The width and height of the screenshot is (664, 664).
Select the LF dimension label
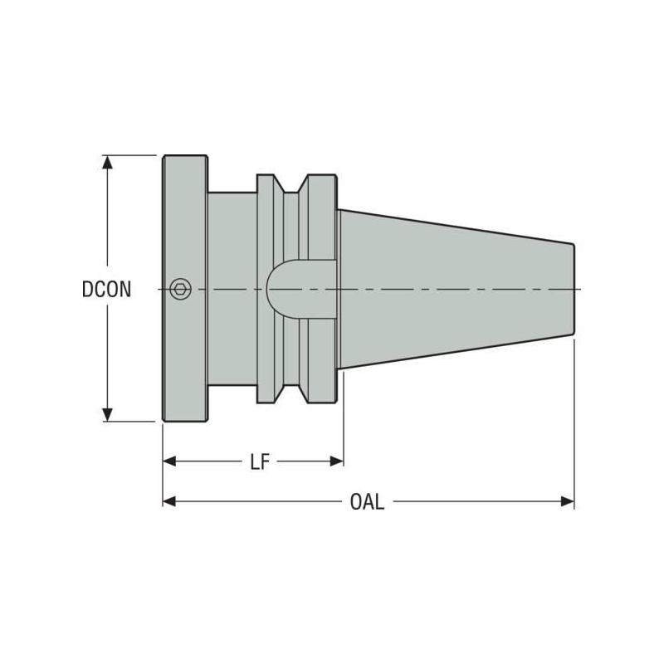pyautogui.click(x=260, y=461)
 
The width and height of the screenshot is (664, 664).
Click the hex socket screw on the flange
pyautogui.click(x=179, y=289)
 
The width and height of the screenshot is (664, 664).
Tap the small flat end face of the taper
pyautogui.click(x=574, y=289)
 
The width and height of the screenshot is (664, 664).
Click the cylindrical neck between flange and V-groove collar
pyautogui.click(x=232, y=249)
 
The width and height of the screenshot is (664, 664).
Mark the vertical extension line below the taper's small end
pyautogui.click(x=574, y=415)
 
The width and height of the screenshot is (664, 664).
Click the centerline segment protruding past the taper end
pyautogui.click(x=579, y=289)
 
